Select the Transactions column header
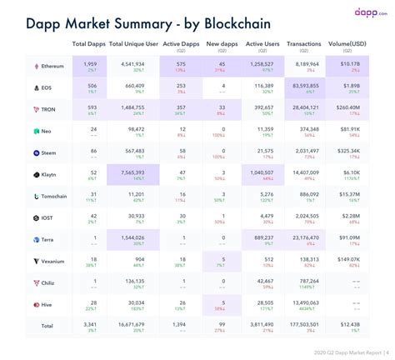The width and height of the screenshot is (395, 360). tap(303, 42)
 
